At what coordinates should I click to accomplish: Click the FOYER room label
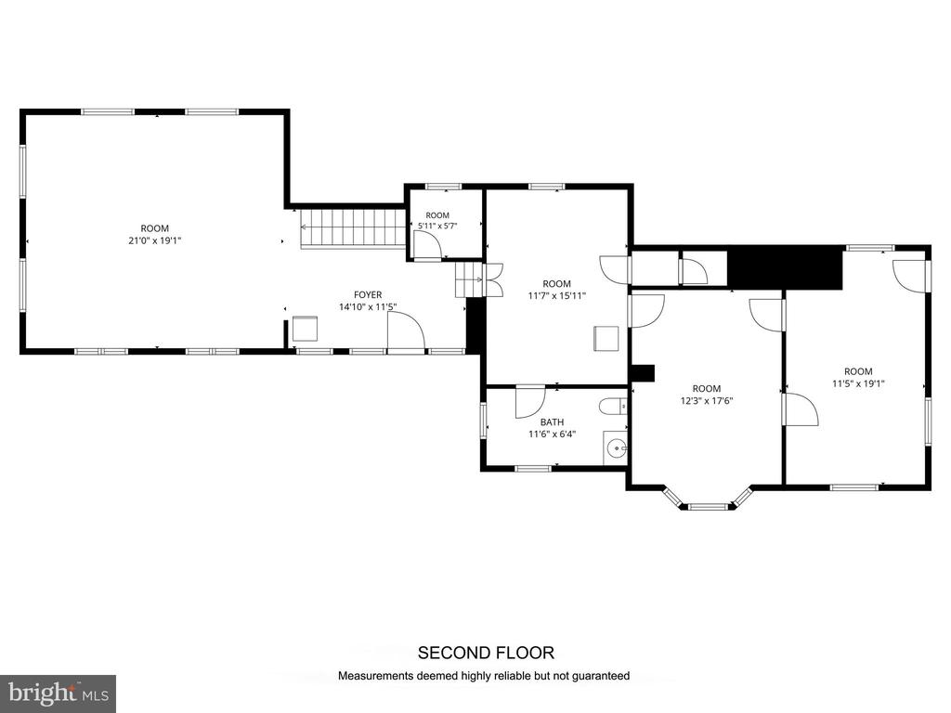tap(368, 294)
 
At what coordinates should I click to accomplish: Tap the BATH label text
tap(552, 422)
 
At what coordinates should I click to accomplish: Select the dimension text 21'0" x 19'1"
tap(155, 240)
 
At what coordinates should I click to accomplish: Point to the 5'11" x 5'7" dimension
tap(437, 226)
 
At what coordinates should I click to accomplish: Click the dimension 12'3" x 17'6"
tap(707, 400)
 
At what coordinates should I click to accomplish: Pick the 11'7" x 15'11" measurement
tap(557, 296)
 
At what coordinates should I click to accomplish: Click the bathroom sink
tap(616, 448)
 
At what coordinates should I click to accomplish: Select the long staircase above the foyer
tap(352, 228)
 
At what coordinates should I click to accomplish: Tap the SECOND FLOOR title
tap(486, 653)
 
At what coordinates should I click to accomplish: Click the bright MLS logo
tap(59, 693)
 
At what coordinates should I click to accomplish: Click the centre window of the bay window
tap(707, 506)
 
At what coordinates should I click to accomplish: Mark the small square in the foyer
tap(305, 329)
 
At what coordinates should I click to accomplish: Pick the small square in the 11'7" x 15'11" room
tap(606, 338)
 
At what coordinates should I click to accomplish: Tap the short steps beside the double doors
tap(469, 280)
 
